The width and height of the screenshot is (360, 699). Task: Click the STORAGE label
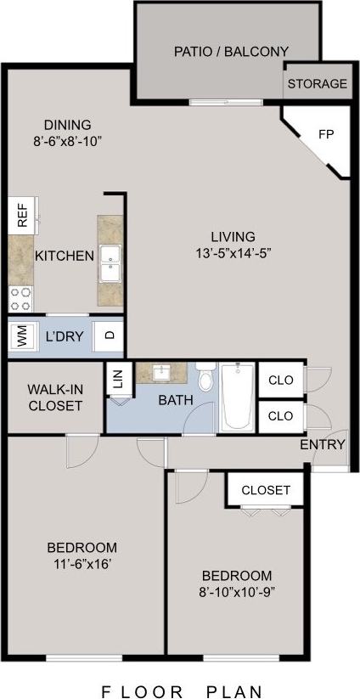click(x=317, y=84)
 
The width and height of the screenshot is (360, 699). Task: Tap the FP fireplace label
click(x=326, y=134)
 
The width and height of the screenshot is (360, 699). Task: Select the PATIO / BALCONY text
click(x=231, y=51)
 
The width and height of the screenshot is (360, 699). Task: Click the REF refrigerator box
click(x=22, y=215)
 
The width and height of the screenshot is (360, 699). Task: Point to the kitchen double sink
click(x=110, y=263)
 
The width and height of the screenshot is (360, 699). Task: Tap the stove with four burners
click(x=21, y=297)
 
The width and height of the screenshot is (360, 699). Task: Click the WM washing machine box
click(x=22, y=336)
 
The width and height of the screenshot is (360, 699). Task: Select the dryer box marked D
click(x=109, y=335)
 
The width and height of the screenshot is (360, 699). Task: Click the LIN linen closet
click(x=117, y=380)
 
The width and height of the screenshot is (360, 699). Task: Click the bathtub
click(x=237, y=397)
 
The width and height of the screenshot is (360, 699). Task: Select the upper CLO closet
click(x=281, y=380)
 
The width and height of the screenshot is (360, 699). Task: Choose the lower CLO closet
click(x=281, y=416)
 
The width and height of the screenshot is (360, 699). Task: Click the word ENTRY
click(x=323, y=444)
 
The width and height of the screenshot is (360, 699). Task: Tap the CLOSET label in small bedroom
click(x=265, y=490)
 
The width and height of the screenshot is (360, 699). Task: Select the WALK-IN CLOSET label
click(x=54, y=397)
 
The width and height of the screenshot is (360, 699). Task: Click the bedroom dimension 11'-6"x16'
click(x=82, y=563)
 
